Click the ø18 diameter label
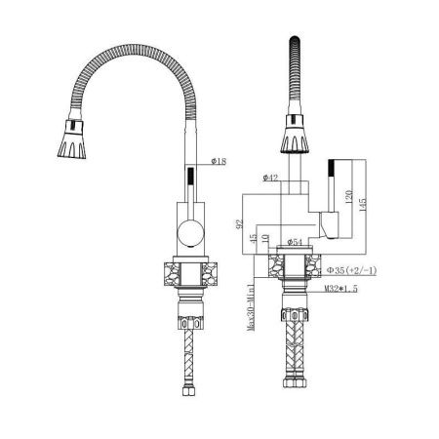coord(219,160)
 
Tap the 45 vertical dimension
coord(253,238)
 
